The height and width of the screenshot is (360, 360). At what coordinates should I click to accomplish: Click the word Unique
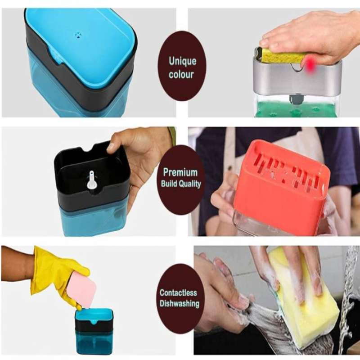[183, 61]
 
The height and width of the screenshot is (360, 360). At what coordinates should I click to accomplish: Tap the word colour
[181, 74]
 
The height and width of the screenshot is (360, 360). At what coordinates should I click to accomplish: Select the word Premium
[180, 172]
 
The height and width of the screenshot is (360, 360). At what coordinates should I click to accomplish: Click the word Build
[169, 184]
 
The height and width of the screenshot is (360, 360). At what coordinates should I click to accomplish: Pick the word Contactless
[178, 293]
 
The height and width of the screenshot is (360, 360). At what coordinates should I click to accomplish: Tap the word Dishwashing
[179, 303]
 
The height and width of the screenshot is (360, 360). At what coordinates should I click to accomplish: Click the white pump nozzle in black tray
[91, 180]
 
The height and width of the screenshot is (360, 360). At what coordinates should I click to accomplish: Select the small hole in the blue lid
[78, 35]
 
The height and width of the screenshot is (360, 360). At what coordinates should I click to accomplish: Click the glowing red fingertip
[310, 64]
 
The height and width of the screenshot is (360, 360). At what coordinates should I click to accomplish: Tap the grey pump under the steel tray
[295, 99]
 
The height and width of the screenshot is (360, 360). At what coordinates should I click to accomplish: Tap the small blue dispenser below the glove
[94, 331]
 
